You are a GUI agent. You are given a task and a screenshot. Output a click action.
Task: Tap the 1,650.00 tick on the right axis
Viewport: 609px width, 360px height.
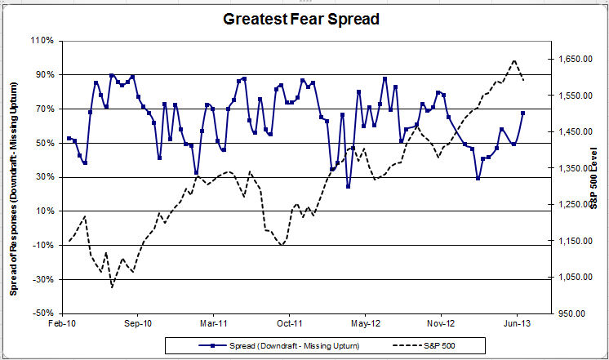(x=575, y=60)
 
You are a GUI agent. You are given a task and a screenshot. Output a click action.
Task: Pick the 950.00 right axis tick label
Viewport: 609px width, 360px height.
(x=571, y=313)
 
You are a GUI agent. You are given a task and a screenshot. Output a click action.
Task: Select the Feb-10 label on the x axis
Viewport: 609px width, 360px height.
(x=62, y=324)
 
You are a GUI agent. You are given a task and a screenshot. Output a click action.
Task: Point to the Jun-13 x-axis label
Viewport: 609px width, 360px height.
(x=517, y=324)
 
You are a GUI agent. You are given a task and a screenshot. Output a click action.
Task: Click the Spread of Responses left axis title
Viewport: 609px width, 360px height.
(x=14, y=176)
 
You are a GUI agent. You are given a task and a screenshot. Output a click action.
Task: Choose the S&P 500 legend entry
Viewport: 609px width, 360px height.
(x=420, y=345)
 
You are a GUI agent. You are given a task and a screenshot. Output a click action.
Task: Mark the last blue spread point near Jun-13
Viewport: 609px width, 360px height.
(x=522, y=113)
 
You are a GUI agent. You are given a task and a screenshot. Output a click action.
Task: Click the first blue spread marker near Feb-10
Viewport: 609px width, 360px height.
(x=69, y=138)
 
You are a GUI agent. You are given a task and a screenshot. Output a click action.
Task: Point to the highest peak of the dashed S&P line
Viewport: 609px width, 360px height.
(x=514, y=60)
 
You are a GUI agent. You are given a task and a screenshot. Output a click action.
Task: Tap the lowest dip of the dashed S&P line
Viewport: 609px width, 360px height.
(x=112, y=286)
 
